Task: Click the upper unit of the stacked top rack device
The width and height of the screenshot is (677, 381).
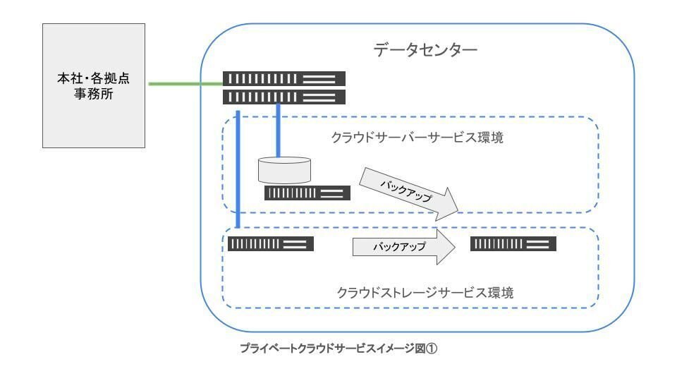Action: [x=284, y=79]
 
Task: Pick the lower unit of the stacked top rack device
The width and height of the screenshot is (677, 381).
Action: [x=284, y=97]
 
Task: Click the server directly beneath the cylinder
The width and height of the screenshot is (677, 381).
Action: [x=307, y=193]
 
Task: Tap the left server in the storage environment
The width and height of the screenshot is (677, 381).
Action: [x=269, y=244]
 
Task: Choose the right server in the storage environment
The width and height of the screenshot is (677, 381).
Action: [x=513, y=244]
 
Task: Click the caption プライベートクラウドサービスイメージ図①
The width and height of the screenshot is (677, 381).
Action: [x=340, y=347]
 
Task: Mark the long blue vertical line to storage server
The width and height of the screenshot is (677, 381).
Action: [x=238, y=169]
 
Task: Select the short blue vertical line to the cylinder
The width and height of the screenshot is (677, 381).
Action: [x=279, y=131]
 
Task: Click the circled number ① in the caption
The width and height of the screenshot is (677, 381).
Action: [x=434, y=347]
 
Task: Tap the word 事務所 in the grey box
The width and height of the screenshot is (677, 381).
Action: [x=94, y=94]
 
